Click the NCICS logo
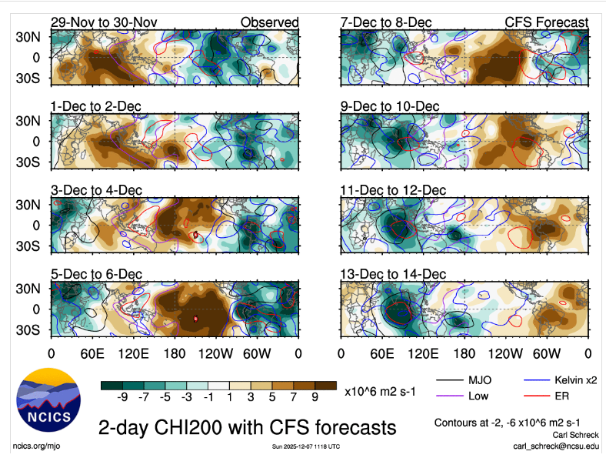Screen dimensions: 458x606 (x=48, y=404)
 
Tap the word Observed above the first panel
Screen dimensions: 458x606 (x=269, y=23)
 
